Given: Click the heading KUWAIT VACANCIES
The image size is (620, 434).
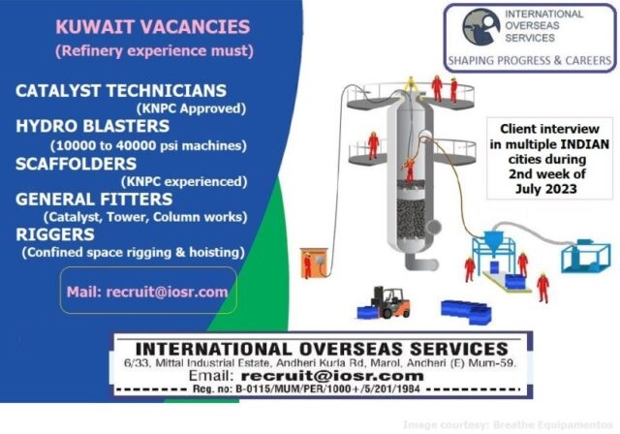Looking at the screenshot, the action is click(x=153, y=27).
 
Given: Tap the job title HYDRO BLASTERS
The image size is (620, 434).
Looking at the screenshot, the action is click(x=93, y=126).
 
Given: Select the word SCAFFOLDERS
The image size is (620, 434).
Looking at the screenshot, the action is click(x=76, y=164).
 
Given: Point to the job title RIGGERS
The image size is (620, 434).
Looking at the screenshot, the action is click(x=55, y=234).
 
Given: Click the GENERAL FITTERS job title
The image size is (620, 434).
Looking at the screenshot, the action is click(x=94, y=200).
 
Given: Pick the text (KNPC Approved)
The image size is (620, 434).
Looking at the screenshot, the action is click(x=192, y=108).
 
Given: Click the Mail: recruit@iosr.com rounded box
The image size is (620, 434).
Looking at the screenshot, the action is click(x=148, y=291).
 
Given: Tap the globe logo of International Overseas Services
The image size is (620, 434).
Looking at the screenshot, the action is click(x=480, y=27).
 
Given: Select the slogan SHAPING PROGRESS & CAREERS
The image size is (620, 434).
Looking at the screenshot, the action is click(x=530, y=60).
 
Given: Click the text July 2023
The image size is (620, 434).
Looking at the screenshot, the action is click(x=546, y=189).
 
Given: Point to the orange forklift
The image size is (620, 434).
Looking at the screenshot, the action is click(x=390, y=303).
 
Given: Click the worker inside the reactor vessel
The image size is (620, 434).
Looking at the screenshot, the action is click(x=410, y=170).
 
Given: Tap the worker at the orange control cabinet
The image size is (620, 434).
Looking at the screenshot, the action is click(x=307, y=265).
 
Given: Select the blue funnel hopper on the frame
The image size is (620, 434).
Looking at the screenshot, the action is click(x=493, y=240).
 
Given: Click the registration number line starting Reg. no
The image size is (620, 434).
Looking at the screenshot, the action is click(x=306, y=388).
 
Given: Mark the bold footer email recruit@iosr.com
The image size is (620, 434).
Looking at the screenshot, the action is click(x=332, y=376).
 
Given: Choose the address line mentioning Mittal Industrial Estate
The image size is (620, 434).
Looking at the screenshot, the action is click(x=320, y=363).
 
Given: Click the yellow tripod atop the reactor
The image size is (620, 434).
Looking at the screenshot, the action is click(x=411, y=83).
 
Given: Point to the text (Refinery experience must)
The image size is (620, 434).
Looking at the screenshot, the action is click(x=154, y=51).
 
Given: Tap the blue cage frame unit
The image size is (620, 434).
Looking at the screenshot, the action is click(x=586, y=256).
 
